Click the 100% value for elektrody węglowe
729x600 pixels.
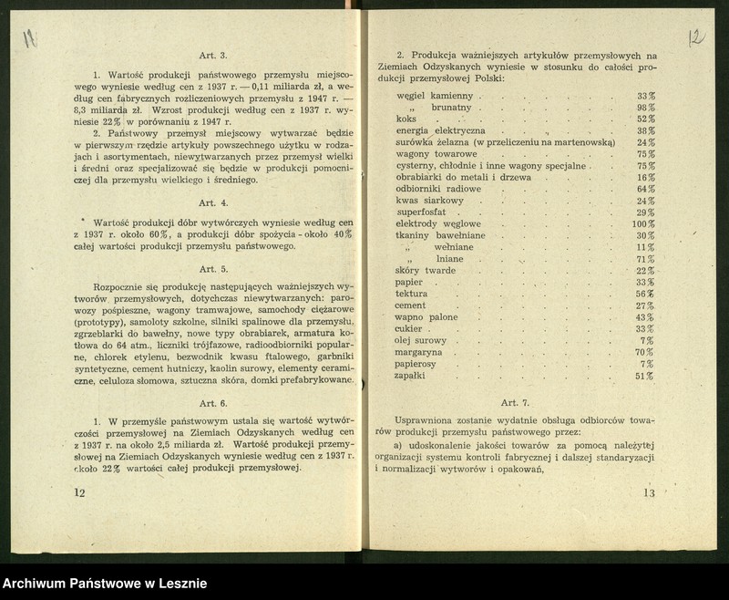click(644, 223)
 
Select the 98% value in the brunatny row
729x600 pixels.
click(646, 108)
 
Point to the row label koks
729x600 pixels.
click(406, 119)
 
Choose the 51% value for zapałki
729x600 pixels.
click(646, 375)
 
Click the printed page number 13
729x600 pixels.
click(649, 493)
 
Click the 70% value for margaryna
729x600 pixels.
click(646, 351)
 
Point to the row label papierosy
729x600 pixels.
click(416, 363)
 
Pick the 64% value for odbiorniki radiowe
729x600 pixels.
click(646, 189)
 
